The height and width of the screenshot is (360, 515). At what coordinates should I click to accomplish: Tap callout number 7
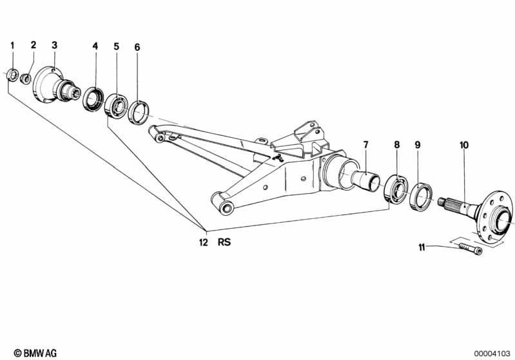(x=365, y=145)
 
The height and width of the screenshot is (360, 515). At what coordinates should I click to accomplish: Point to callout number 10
(x=463, y=145)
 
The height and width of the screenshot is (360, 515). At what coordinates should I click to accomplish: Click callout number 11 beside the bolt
(x=422, y=247)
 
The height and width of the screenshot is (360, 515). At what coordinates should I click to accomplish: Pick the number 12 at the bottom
(x=203, y=243)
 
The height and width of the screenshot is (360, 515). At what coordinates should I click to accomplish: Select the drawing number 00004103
(x=492, y=353)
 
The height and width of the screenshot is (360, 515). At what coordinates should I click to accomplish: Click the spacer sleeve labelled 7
(x=367, y=177)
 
